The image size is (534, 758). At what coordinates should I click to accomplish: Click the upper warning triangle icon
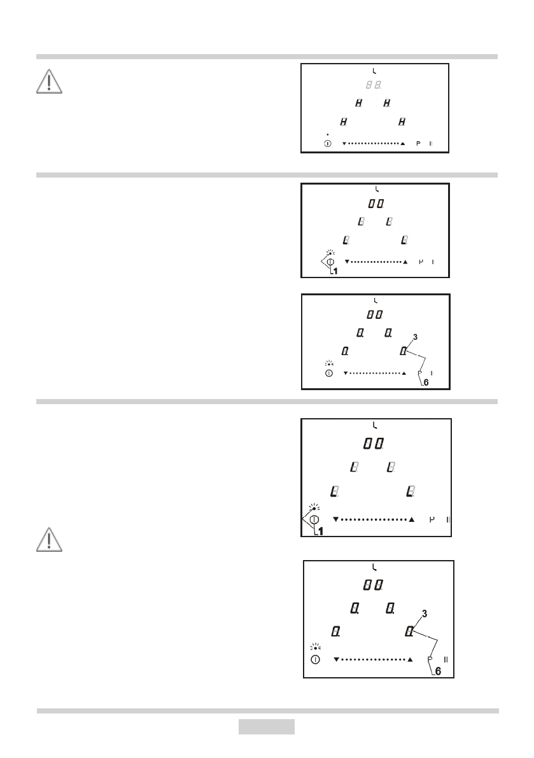tap(49, 81)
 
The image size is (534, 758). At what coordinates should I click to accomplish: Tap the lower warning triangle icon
tap(49, 540)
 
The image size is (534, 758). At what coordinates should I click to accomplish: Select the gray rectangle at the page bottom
tap(267, 726)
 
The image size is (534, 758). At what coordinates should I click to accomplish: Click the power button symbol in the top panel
tap(327, 144)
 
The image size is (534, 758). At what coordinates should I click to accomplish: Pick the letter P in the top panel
tap(418, 144)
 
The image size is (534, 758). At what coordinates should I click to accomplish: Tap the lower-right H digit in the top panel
tap(402, 121)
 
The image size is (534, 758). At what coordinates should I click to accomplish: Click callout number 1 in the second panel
tap(335, 272)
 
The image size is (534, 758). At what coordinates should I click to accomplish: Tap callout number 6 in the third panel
tap(426, 383)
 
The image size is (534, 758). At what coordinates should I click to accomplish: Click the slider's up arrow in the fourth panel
tap(412, 520)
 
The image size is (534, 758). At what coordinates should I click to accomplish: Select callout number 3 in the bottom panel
tap(425, 614)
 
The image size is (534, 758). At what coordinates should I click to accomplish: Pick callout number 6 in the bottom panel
tap(438, 671)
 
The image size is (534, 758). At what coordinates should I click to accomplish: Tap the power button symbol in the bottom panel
tap(315, 659)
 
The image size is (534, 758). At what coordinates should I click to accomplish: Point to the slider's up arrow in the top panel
tap(402, 144)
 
